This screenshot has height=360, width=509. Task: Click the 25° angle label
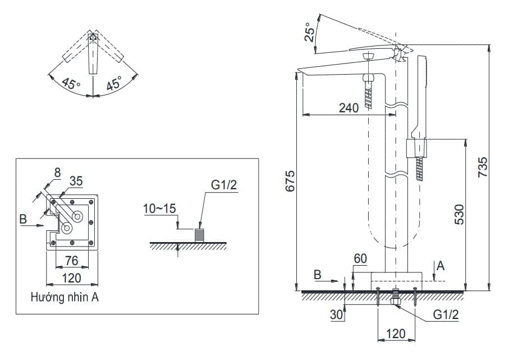coord(309,33)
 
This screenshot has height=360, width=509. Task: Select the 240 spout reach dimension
coord(349,108)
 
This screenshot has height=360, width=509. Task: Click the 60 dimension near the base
coord(360,259)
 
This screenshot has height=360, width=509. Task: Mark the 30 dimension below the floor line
coord(337,315)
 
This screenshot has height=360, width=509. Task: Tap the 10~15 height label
coord(159,209)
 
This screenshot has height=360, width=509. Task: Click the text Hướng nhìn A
coord(65,298)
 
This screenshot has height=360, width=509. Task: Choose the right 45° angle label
coord(114,84)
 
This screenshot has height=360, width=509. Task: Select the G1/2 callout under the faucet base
coord(446,315)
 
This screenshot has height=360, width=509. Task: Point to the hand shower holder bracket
coord(415,149)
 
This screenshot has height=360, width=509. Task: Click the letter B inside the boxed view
coord(23,219)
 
